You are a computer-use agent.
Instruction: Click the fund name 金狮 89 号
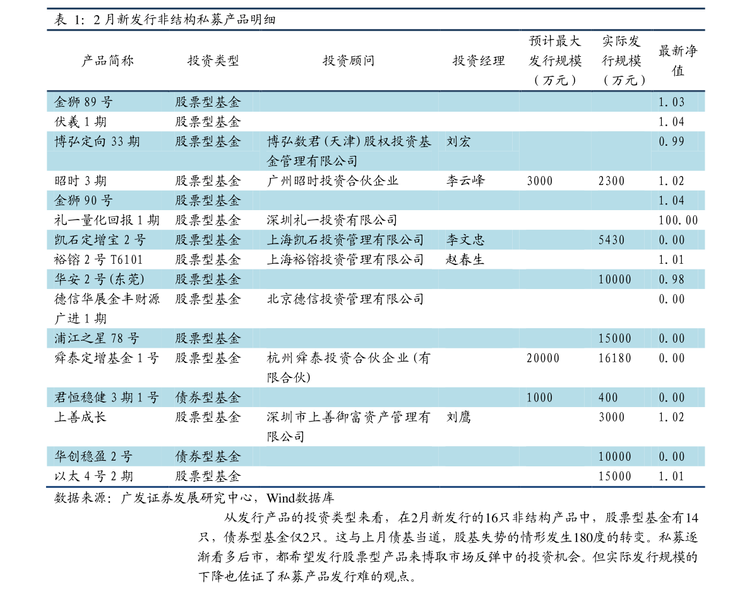coord(83,102)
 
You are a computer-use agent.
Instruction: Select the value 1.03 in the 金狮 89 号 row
coord(671,102)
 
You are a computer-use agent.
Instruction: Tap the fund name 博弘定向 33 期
coord(97,142)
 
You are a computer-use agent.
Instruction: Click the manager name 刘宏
coord(458,142)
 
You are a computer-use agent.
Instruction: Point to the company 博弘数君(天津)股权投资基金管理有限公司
coord(349,151)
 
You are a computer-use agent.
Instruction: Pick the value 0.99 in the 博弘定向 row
coord(671,142)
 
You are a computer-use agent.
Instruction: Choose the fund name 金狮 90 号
coord(83,201)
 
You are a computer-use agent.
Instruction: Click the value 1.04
coord(671,201)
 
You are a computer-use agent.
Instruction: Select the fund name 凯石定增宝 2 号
coord(100,240)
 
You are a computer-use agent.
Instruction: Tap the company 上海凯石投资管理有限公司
coord(345,240)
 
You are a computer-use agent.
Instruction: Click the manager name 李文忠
coord(465,240)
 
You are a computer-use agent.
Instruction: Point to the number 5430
coord(611,240)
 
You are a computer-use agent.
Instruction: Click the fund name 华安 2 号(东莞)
coord(100,280)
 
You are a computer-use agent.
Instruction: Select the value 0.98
coord(671,280)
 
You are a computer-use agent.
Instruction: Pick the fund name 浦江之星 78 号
coord(97,339)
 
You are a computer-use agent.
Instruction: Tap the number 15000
coord(614,339)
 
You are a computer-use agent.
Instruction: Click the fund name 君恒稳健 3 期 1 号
coord(107,398)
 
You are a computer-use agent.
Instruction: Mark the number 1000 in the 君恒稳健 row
coord(539,398)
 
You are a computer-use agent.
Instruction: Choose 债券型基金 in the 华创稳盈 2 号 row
coord(208,457)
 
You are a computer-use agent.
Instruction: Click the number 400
coord(608,398)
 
